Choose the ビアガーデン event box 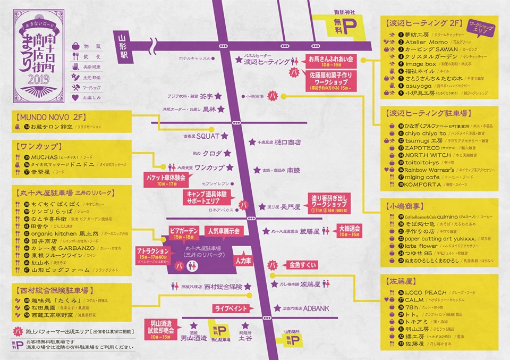point(184,233)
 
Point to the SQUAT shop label point(207,136)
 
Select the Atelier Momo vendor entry point(419,41)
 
